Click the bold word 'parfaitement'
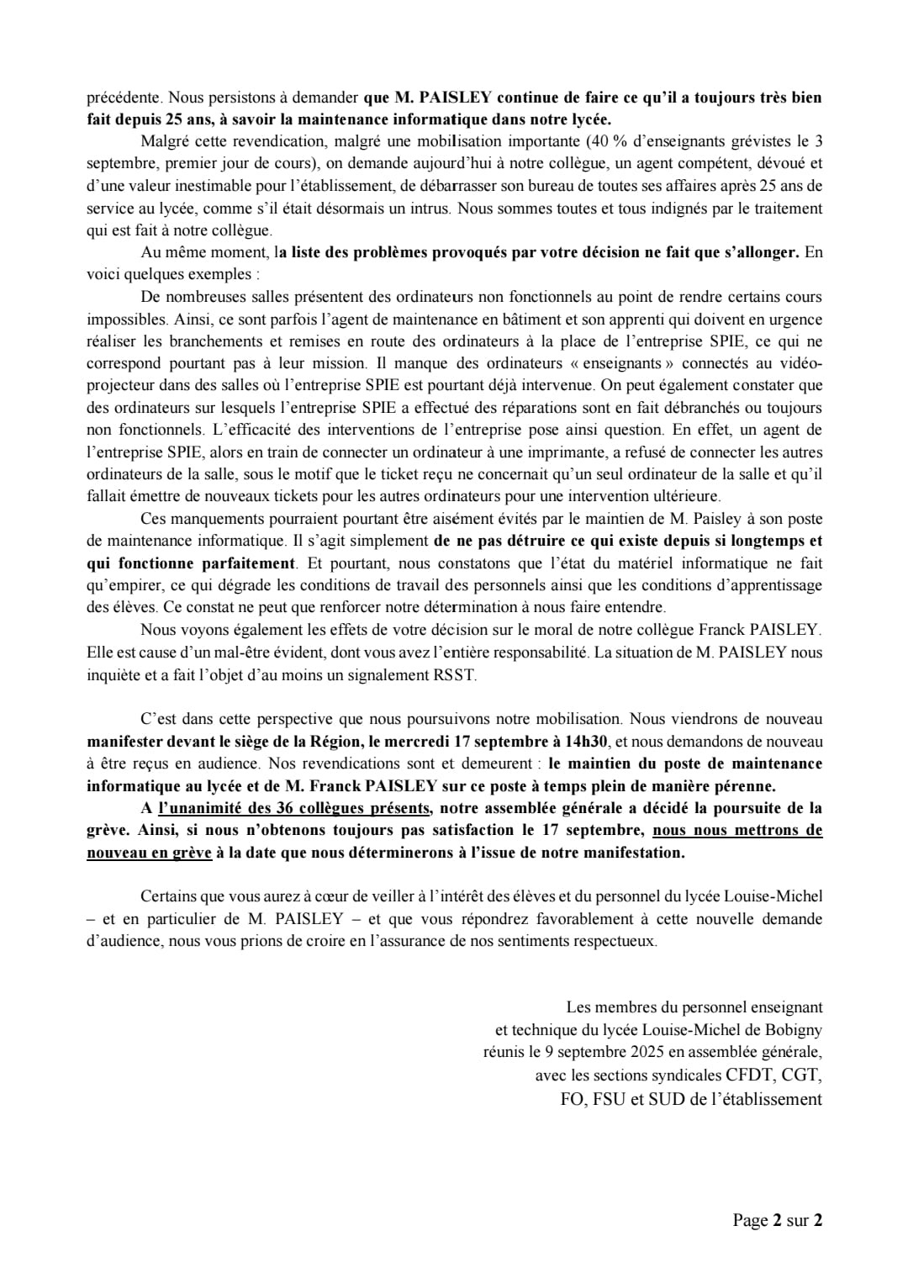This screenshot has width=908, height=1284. pos(249,563)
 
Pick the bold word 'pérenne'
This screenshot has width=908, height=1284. pos(742,786)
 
